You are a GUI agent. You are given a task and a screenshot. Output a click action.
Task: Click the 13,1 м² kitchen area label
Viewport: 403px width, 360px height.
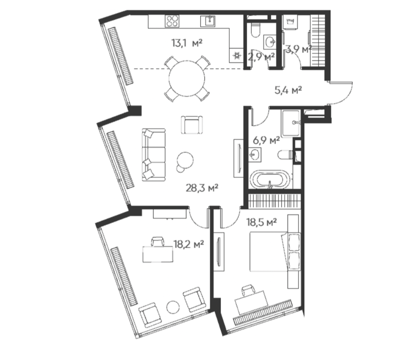(x=187, y=43)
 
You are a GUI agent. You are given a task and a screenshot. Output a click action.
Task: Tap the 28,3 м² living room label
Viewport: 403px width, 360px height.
(x=202, y=188)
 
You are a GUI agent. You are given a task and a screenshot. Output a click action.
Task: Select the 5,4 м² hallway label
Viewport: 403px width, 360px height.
(x=288, y=90)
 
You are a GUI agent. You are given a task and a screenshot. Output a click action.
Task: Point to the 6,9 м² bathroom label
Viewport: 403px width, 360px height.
(x=267, y=140)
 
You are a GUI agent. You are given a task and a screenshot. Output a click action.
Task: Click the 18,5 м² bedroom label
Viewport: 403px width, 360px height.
(x=261, y=222)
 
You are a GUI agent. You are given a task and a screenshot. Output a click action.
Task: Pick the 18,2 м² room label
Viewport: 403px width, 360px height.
(x=189, y=244)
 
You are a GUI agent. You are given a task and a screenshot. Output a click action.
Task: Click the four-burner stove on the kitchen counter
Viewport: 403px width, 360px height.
(x=172, y=21)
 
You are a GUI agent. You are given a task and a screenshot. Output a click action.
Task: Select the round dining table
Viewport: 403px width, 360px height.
(x=187, y=78)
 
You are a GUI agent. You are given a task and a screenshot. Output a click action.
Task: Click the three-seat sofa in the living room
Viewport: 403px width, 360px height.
(x=154, y=155)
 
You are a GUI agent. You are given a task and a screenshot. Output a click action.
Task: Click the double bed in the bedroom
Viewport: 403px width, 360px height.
(x=269, y=251)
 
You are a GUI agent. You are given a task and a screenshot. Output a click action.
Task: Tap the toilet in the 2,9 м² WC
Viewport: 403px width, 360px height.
(x=255, y=30)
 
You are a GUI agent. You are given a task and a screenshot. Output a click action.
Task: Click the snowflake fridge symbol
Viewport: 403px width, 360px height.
(x=236, y=56)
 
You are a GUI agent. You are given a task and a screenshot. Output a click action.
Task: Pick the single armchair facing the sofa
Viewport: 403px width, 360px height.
(x=191, y=125)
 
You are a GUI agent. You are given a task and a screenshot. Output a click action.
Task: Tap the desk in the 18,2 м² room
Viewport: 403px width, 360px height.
(x=158, y=254)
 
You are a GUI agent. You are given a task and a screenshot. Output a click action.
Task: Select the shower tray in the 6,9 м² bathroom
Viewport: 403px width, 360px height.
(x=291, y=123)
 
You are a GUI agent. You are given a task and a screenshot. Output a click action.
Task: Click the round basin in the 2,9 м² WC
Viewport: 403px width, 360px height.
(x=270, y=42)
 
